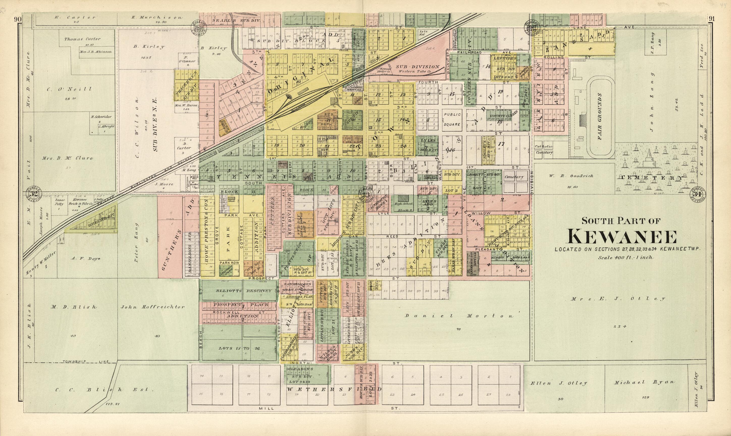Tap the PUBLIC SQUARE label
(452, 119)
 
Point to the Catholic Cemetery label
(544, 149)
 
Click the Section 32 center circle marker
(34, 194)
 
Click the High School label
(404, 204)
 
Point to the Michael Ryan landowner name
(644, 382)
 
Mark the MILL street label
(267, 409)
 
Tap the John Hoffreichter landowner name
(153, 307)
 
